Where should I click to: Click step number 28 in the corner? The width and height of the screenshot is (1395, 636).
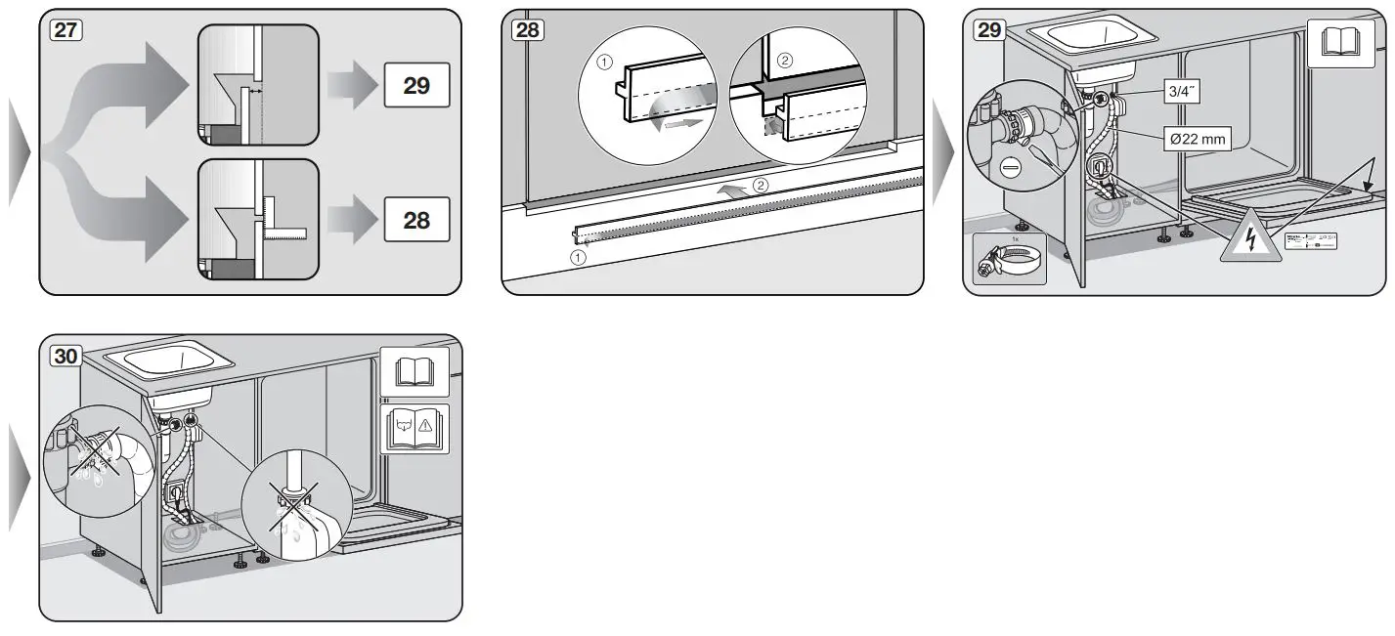click(526, 29)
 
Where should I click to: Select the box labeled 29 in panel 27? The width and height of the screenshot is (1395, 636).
click(416, 86)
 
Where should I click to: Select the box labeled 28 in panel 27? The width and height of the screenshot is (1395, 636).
click(416, 220)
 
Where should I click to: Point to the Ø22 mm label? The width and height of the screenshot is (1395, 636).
click(1197, 140)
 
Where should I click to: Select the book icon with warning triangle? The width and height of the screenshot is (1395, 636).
click(414, 429)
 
